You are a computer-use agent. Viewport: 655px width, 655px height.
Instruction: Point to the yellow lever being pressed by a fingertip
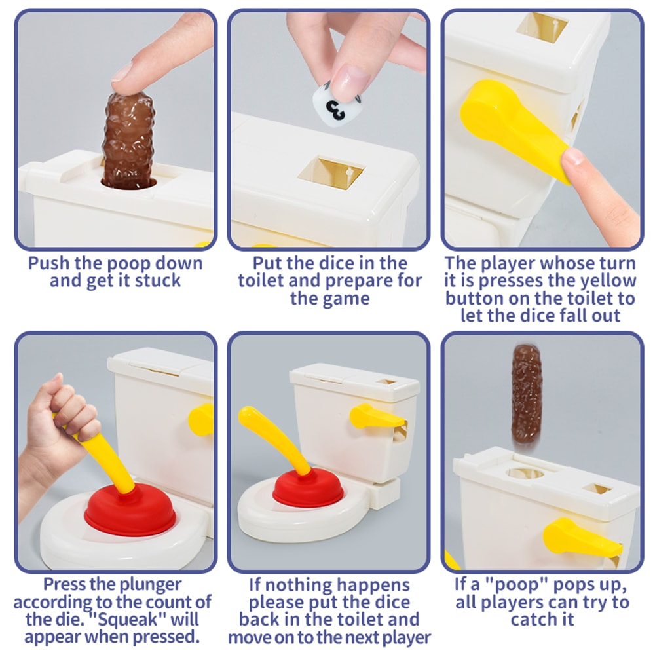(x=511, y=128)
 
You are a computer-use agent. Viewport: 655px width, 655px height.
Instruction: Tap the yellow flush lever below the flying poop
(x=580, y=538)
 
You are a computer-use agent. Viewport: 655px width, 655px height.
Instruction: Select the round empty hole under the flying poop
(x=525, y=474)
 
